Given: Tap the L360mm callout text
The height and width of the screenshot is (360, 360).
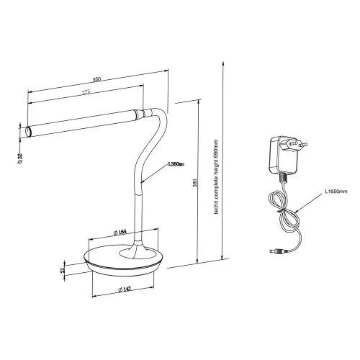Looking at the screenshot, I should coord(176,165).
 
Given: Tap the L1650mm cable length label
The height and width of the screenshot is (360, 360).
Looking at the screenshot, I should coord(336,192).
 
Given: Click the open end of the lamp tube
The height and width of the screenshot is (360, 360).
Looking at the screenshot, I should coord(29,131).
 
